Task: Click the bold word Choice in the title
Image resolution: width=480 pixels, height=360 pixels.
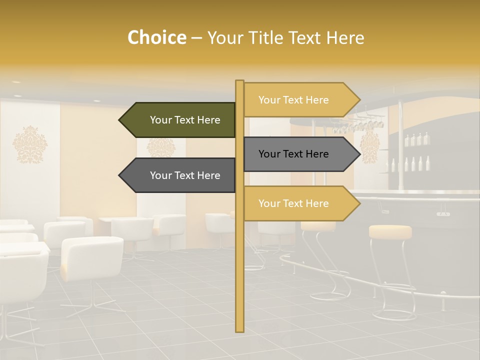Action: tap(156, 37)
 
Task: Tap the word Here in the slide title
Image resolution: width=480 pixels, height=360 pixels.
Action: tap(345, 37)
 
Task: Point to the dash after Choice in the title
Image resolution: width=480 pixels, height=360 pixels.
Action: tap(196, 38)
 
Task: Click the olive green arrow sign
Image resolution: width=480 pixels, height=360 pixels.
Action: tap(180, 120)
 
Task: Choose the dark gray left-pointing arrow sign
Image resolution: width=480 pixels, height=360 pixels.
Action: tap(180, 175)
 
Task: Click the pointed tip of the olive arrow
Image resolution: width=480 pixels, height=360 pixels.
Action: tap(120, 120)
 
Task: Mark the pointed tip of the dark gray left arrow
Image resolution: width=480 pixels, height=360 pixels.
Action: tap(120, 175)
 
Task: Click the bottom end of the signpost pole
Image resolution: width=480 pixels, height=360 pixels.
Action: tap(239, 330)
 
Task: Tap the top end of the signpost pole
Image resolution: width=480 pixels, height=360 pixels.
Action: tap(239, 82)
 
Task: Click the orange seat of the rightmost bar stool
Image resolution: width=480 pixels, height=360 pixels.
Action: tap(390, 231)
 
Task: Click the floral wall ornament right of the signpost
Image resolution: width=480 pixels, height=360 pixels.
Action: tap(369, 147)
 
